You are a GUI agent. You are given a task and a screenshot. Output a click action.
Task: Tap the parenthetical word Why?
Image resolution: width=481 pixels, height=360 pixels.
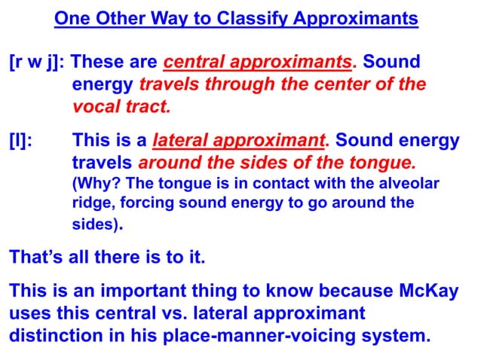pyautogui.click(x=95, y=184)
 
